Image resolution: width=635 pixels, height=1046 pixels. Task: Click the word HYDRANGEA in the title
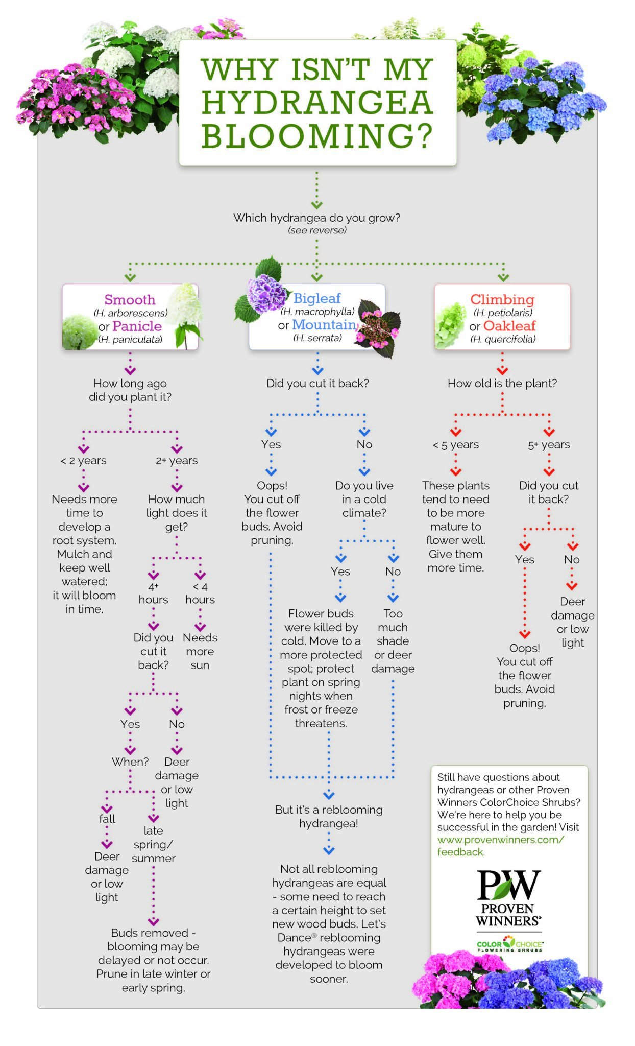click(x=317, y=103)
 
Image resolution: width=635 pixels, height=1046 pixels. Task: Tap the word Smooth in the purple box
click(x=130, y=299)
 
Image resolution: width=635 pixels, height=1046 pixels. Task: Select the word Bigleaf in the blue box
click(x=317, y=298)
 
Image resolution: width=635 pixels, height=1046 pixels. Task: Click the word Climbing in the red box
click(x=502, y=299)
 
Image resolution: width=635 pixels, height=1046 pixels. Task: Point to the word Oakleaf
click(x=509, y=326)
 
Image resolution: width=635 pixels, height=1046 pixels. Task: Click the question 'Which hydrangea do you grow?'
click(x=316, y=218)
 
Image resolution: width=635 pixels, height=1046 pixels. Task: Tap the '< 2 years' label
click(x=84, y=461)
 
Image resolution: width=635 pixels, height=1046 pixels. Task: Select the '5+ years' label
click(x=549, y=445)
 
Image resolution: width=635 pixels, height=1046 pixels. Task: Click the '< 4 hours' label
click(x=200, y=593)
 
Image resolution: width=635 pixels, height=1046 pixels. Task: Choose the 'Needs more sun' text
click(x=200, y=651)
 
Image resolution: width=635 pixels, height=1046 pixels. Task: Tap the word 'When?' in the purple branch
click(x=130, y=762)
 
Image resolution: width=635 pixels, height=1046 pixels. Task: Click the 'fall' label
click(x=107, y=819)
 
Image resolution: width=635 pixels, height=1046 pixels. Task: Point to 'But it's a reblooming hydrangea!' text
click(x=329, y=816)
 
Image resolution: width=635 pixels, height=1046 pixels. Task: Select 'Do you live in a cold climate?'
click(x=364, y=499)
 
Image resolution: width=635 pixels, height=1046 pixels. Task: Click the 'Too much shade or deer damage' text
click(x=393, y=641)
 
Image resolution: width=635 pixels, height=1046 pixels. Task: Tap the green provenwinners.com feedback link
click(x=500, y=846)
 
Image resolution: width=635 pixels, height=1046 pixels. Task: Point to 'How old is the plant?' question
click(x=502, y=384)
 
